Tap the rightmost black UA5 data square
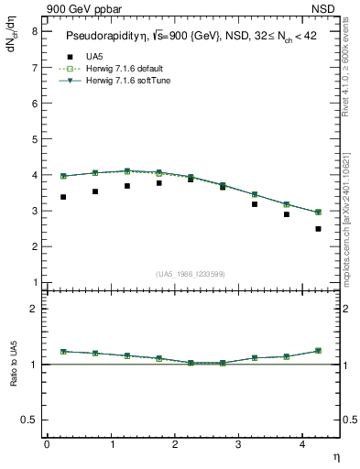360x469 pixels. point(318,229)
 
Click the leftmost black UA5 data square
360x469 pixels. point(63,197)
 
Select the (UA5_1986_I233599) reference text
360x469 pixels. point(191,274)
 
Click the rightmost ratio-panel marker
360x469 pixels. point(318,351)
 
